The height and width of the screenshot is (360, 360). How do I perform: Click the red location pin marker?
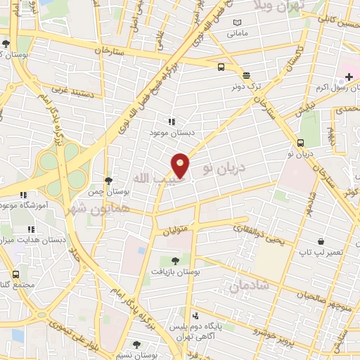click(181, 165)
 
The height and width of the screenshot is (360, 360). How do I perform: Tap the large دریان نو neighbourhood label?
click(224, 167)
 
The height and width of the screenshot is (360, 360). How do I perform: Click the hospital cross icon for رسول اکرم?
click(349, 76)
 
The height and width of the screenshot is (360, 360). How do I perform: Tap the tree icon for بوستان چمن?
click(107, 181)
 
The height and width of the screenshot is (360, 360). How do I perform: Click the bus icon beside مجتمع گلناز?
click(15, 274)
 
